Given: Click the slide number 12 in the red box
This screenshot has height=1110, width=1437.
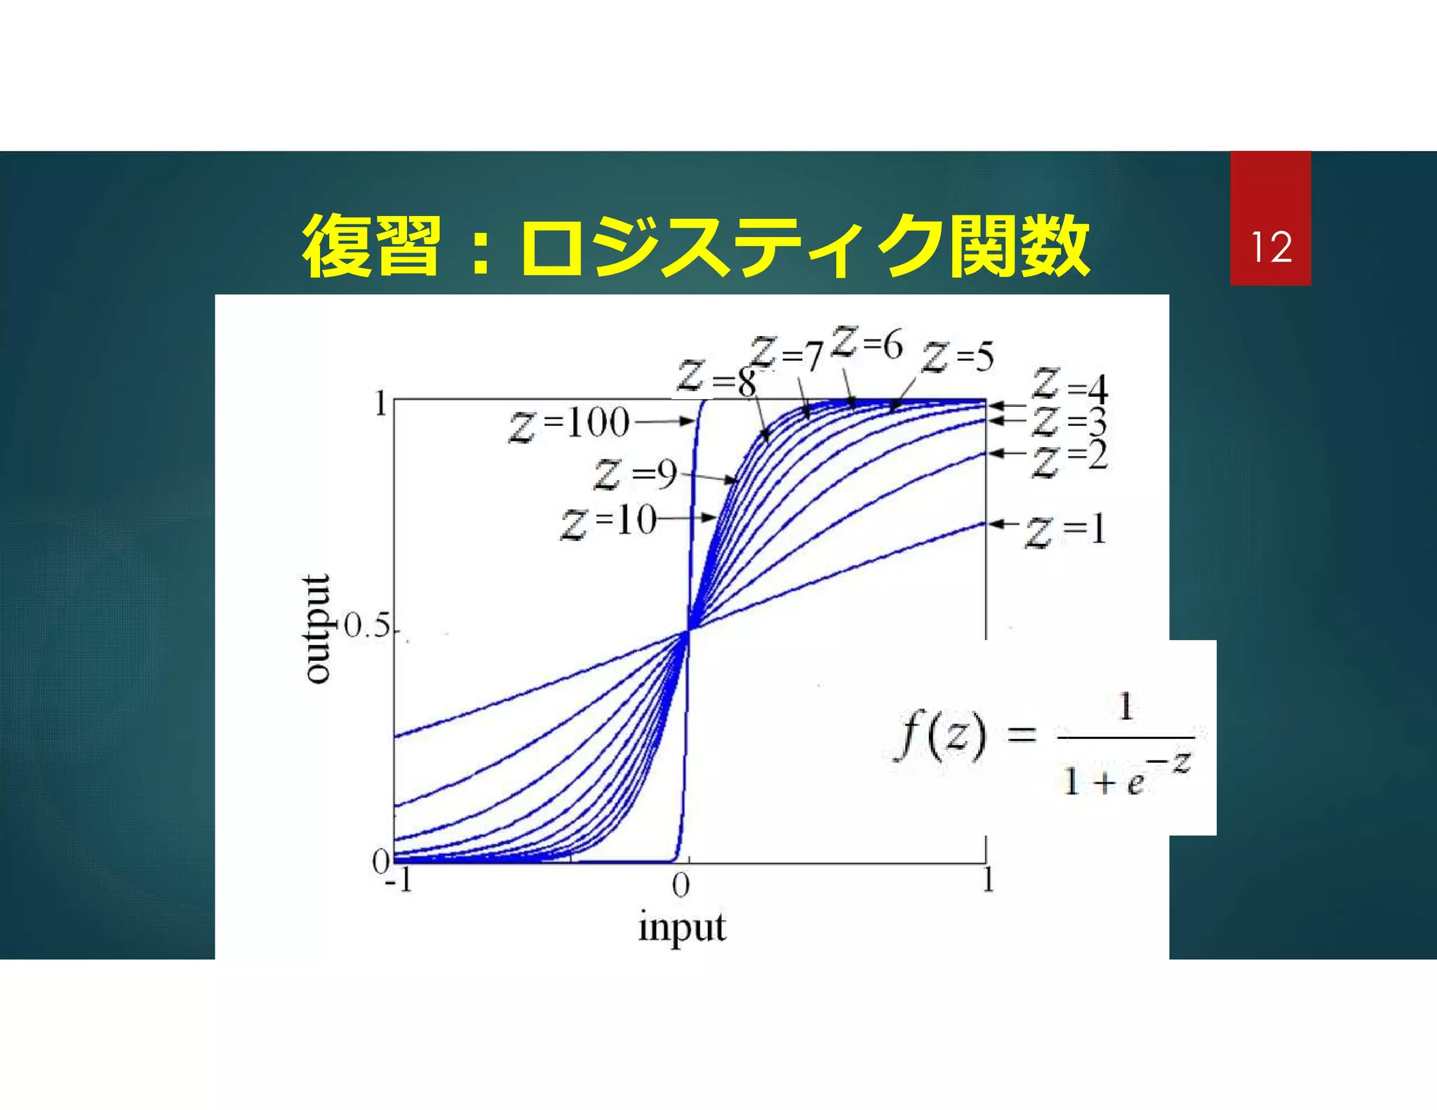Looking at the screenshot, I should pyautogui.click(x=1271, y=248).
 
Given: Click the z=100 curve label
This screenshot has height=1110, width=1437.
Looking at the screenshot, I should pyautogui.click(x=570, y=424).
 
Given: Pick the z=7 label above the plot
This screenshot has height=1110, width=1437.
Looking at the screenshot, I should pyautogui.click(x=787, y=354).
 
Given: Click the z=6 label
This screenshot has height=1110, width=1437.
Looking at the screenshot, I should pyautogui.click(x=867, y=343).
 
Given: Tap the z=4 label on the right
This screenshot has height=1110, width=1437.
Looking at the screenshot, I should pyautogui.click(x=1070, y=386).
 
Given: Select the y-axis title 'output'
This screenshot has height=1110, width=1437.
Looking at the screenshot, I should pyautogui.click(x=317, y=628).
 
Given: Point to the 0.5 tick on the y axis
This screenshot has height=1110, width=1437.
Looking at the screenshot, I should pyautogui.click(x=367, y=627).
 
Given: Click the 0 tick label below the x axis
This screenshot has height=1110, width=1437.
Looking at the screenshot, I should pyautogui.click(x=681, y=885).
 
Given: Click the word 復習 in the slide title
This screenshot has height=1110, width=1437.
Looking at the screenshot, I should pyautogui.click(x=372, y=247).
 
